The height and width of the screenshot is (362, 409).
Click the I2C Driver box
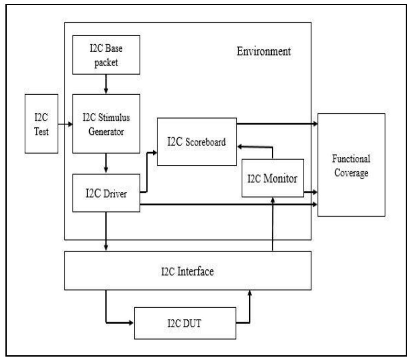tap(106, 194)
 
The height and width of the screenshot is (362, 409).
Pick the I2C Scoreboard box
tap(197, 141)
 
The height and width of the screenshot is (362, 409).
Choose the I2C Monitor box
tap(272, 178)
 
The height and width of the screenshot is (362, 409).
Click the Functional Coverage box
tap(351, 165)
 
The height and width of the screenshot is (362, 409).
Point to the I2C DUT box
tap(185, 323)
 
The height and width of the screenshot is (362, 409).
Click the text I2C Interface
tap(187, 272)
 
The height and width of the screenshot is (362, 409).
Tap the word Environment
tap(264, 52)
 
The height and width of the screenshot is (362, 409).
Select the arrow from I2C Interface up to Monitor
tap(272, 225)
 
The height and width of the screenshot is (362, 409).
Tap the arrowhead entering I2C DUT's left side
tap(131, 322)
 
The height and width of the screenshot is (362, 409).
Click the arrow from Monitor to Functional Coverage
tap(311, 192)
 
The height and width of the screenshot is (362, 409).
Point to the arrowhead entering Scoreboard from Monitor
tap(240, 146)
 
